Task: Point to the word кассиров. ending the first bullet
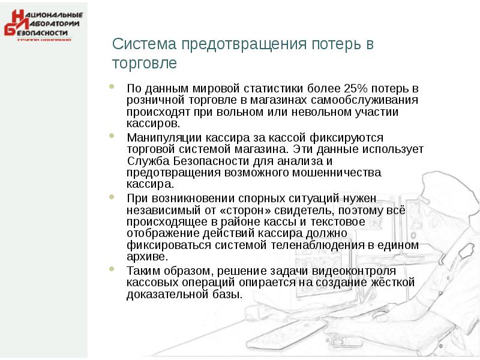pos(153,124)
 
